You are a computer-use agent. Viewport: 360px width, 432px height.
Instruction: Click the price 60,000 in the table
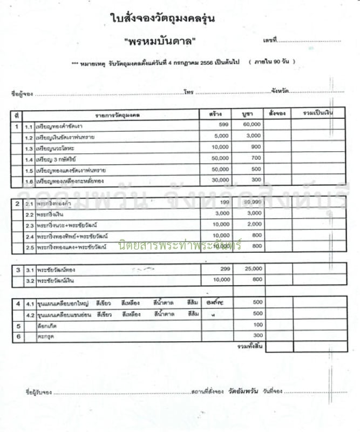[x=252, y=124]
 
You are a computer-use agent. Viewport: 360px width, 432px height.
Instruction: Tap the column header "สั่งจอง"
[x=277, y=113]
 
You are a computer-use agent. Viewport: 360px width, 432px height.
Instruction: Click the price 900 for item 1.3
[x=255, y=147]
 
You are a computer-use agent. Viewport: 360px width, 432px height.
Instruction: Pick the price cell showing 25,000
[x=253, y=268]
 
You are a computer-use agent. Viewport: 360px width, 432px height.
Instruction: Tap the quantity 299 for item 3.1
[x=225, y=268]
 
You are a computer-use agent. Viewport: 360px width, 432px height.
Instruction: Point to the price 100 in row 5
[x=257, y=325]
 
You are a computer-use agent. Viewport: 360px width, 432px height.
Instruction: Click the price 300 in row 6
[x=257, y=335]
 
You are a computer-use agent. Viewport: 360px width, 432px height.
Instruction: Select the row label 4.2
[x=30, y=314]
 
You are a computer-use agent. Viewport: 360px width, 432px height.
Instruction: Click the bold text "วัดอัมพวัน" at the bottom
[x=243, y=390]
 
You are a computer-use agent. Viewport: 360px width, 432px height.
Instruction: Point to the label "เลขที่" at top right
[x=270, y=41]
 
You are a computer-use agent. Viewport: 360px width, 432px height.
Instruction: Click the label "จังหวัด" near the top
[x=280, y=91]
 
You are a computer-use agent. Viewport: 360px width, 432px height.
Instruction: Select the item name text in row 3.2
[x=55, y=279]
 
